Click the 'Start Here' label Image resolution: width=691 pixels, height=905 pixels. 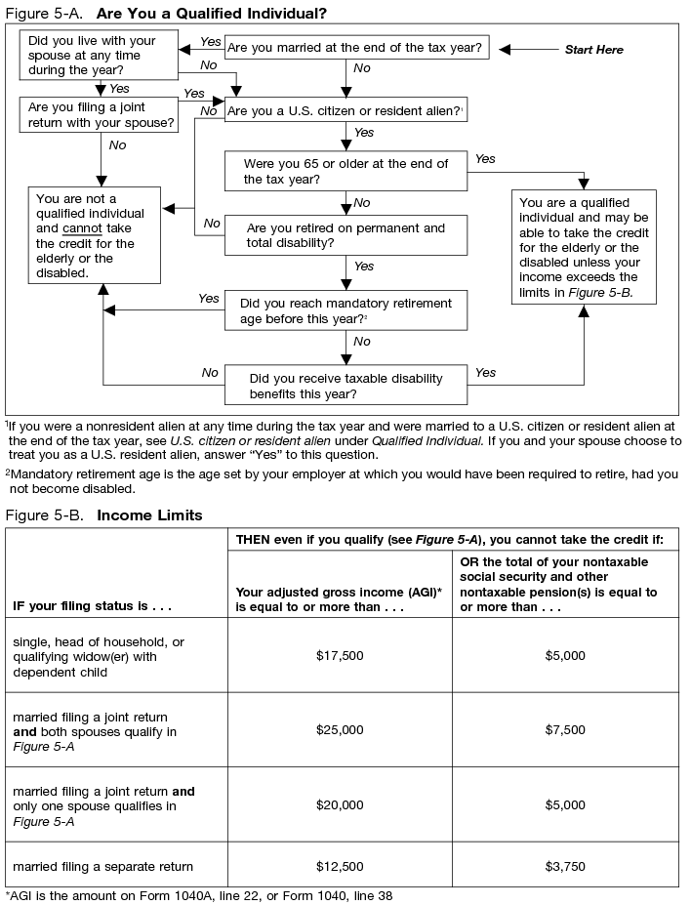click(593, 50)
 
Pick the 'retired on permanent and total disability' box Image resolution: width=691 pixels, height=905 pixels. click(345, 235)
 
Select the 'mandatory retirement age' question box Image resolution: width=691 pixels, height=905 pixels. click(345, 310)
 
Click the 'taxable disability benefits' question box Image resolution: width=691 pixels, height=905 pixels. click(345, 386)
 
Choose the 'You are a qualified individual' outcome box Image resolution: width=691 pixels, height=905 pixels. click(584, 247)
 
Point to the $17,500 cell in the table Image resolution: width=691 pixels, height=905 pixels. click(340, 655)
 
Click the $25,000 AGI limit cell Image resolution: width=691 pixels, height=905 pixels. click(340, 730)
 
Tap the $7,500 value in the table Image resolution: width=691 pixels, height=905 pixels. click(567, 730)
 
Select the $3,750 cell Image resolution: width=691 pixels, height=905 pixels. click(567, 866)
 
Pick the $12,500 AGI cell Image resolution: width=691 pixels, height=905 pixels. click(340, 866)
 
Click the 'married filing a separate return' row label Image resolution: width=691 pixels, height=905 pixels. click(102, 866)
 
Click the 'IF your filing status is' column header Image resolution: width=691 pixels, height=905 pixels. click(92, 606)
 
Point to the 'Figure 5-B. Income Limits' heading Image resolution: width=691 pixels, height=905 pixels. click(104, 514)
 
